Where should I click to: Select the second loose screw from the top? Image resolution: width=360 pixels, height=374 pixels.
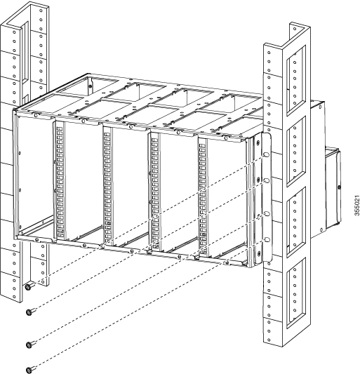pyautogui.click(x=29, y=312)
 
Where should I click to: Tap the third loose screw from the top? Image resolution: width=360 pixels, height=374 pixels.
pyautogui.click(x=29, y=344)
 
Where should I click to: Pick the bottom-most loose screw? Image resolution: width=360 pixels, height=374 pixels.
pyautogui.click(x=29, y=369)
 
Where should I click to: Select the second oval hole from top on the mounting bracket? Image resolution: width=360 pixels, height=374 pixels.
pyautogui.click(x=267, y=180)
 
